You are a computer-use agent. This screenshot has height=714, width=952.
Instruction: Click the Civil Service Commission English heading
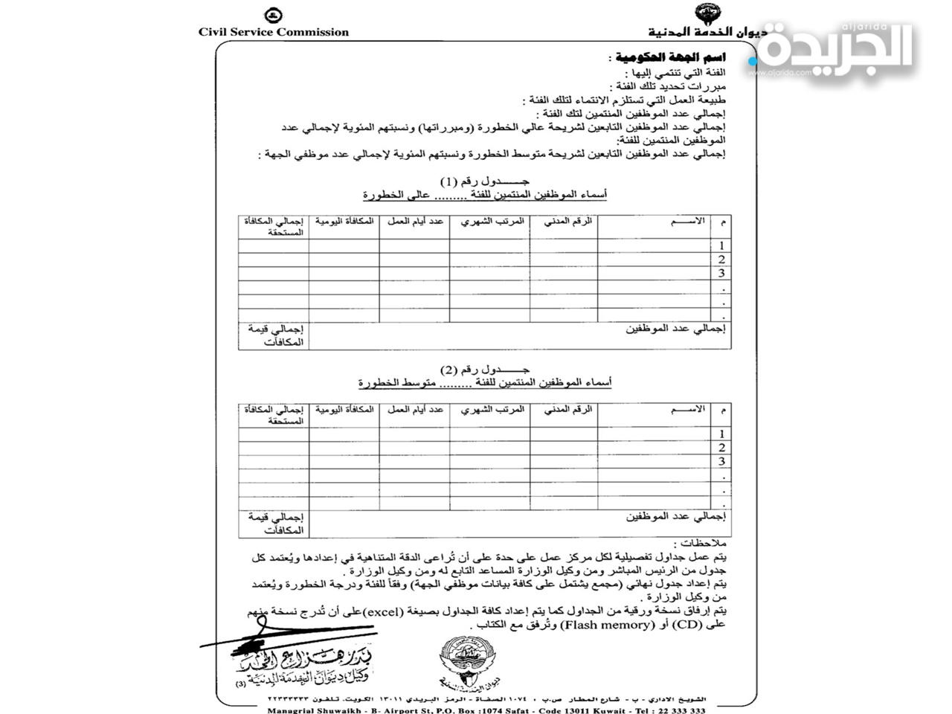click(x=273, y=32)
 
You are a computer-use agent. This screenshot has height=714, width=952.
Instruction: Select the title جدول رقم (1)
click(x=485, y=181)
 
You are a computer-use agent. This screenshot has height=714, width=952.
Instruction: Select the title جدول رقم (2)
click(x=485, y=370)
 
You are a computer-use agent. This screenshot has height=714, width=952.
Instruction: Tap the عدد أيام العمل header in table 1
click(x=414, y=222)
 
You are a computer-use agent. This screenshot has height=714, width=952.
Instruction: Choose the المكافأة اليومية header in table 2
click(x=344, y=410)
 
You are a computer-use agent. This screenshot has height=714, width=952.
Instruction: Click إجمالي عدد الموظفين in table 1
click(x=675, y=328)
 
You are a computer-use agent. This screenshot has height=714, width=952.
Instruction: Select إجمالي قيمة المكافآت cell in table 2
click(x=274, y=524)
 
